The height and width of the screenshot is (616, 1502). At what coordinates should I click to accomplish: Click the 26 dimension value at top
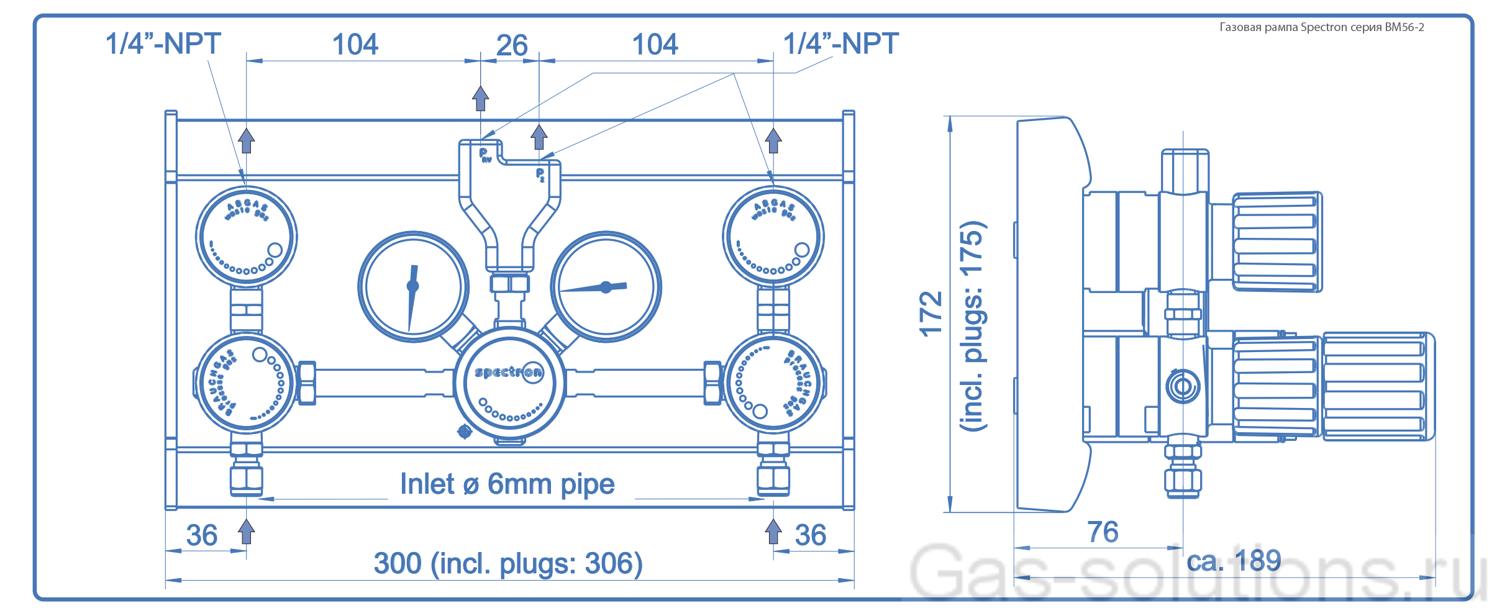[x=512, y=45]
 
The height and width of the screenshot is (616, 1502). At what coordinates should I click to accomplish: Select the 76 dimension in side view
[x=1103, y=532]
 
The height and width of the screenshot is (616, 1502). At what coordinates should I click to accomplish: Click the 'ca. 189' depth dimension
[x=1234, y=561]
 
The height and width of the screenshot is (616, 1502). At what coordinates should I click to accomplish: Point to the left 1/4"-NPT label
[x=163, y=44]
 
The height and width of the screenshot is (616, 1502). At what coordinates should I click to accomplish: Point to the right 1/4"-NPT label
[x=840, y=44]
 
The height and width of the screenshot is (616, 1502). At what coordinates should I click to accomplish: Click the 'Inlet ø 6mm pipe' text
[x=507, y=484]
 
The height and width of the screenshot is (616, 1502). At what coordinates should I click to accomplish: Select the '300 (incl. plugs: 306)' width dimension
[x=508, y=564]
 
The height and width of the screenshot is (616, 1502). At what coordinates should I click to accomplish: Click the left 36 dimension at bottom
[x=202, y=535]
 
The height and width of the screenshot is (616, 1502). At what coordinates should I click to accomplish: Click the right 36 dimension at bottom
[x=811, y=535]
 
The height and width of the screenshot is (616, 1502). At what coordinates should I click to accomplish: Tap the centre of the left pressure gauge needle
[x=412, y=286]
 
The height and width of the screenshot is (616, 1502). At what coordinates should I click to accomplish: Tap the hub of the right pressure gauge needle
[x=606, y=287]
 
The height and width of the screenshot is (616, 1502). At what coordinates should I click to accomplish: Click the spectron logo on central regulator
[x=508, y=373]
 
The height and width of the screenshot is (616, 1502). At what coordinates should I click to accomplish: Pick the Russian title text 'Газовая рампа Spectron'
[x=1321, y=27]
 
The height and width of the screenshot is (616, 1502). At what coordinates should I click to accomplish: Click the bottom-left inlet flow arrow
[x=247, y=532]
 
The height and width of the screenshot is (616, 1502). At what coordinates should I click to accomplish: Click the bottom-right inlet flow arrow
[x=773, y=532]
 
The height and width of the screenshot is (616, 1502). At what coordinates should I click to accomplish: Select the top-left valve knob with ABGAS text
[x=247, y=237]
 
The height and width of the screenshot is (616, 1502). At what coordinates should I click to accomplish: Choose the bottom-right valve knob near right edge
[x=773, y=383]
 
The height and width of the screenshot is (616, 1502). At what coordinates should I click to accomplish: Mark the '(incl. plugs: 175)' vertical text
[x=973, y=326]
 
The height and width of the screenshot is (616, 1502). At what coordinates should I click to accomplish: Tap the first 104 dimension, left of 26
[x=355, y=45]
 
